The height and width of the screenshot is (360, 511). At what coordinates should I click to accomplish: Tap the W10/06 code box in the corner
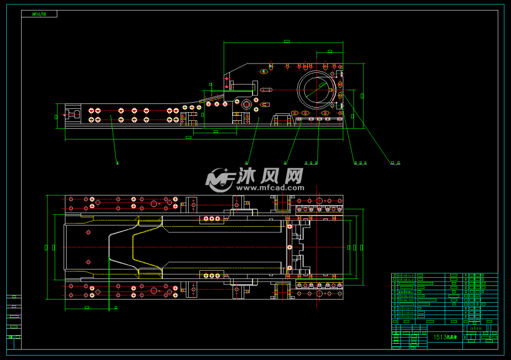coord(39,14)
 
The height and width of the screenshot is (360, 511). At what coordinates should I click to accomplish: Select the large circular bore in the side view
coord(318,89)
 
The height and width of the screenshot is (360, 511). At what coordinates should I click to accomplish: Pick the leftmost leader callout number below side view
coord(117,163)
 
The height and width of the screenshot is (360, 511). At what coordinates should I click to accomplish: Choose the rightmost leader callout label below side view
coord(396,163)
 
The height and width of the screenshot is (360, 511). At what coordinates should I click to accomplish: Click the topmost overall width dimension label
coord(286,42)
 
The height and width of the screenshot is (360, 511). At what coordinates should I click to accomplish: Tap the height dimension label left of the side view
coord(57,116)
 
